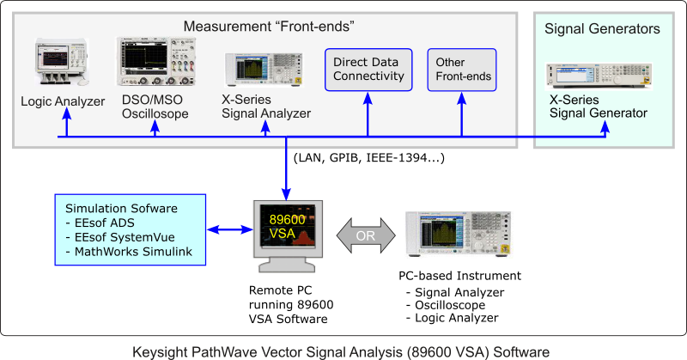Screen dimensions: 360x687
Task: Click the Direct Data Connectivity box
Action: (368, 70)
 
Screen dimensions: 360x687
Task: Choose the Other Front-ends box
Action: (462, 70)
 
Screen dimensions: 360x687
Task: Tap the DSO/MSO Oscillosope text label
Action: (155, 107)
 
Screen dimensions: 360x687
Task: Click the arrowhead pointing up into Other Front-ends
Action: (462, 99)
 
